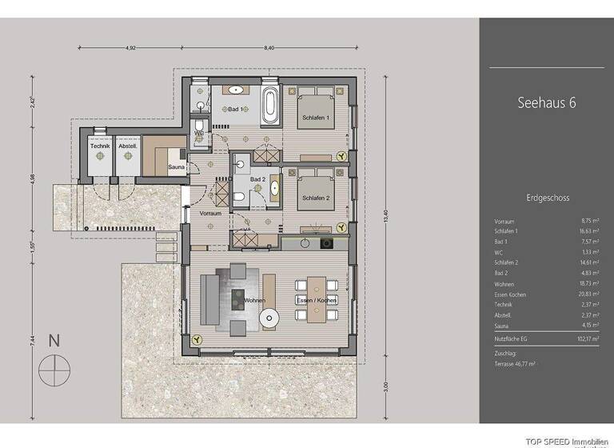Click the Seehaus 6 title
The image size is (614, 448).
[x=547, y=103]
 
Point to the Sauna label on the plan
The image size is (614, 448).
[x=177, y=167]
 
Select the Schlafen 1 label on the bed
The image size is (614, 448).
[x=316, y=118]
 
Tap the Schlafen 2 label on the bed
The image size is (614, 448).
[x=316, y=198]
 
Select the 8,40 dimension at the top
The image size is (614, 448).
[x=269, y=48]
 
